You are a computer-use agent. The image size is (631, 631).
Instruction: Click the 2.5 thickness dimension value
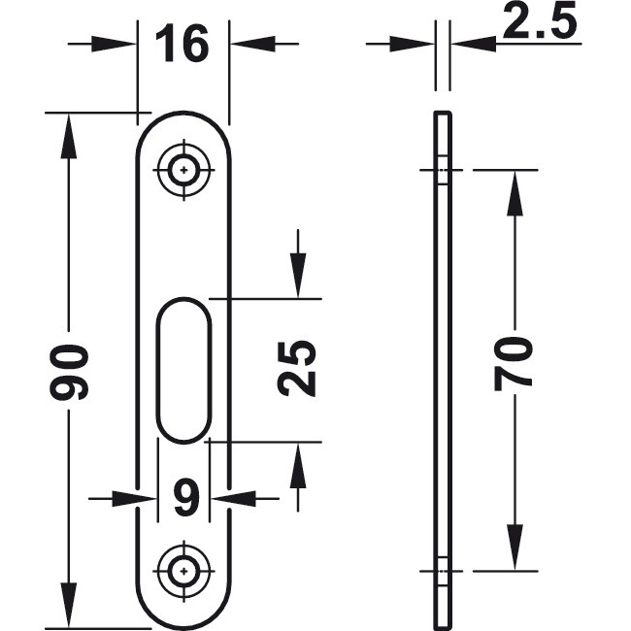pos(541,23)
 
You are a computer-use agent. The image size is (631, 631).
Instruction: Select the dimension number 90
pos(72,371)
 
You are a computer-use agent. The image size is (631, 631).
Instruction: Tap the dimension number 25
pos(297,368)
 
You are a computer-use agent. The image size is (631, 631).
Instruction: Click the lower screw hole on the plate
pos(183,570)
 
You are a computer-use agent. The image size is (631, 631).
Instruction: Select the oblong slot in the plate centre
pos(183,371)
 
